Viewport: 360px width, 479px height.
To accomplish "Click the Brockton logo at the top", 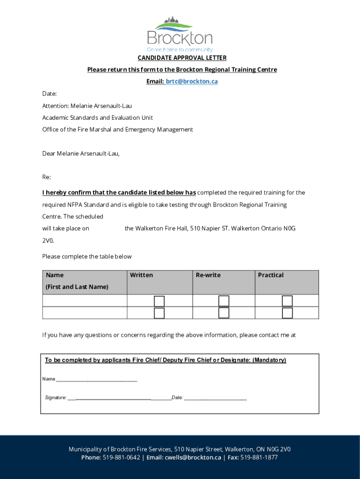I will [180, 35].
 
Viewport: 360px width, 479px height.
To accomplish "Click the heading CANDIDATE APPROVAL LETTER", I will [182, 58].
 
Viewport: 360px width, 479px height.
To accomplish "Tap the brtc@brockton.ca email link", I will [192, 81].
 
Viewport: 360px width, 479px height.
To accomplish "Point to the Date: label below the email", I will [50, 94].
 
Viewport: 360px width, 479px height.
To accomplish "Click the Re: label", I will [47, 177].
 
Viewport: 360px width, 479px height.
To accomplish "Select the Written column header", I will [141, 275].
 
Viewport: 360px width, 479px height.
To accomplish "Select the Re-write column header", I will [208, 275].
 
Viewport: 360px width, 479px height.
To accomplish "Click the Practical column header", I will [271, 275].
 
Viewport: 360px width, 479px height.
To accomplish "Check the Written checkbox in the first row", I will [159, 301].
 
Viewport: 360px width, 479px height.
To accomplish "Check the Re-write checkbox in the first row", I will [224, 301].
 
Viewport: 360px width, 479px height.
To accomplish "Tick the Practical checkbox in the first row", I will [287, 301].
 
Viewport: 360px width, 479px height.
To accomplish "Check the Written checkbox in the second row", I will [159, 313].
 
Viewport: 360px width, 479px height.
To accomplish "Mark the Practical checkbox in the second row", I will [287, 313].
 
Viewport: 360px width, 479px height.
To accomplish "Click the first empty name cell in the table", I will [85, 301].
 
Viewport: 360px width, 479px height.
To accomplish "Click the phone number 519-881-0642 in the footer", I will [121, 457].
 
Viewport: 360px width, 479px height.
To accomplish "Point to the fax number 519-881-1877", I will [259, 457].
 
